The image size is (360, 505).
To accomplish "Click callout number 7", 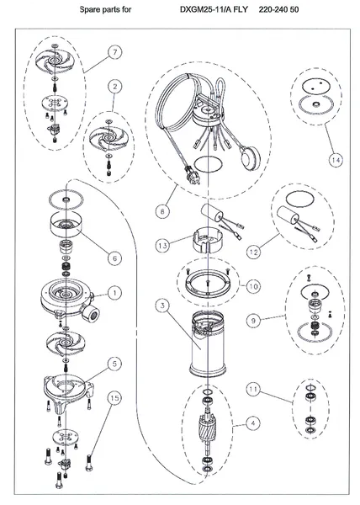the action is (x=115, y=52).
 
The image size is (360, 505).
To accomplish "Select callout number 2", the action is (x=115, y=87).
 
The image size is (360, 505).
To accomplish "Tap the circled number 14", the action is (x=336, y=160).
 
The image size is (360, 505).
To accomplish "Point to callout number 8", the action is (x=162, y=211).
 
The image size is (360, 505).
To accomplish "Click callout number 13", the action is (x=163, y=246).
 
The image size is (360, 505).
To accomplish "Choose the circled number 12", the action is (x=254, y=252).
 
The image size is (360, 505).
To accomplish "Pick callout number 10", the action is (x=253, y=286).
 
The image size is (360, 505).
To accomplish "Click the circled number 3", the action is (x=163, y=306).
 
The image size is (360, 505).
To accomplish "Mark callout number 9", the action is (x=253, y=321).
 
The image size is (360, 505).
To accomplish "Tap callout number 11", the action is (x=253, y=390).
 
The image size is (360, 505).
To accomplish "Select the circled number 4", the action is (x=253, y=423).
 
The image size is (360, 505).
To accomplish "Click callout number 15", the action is (x=114, y=398).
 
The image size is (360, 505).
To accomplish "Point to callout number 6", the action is (x=115, y=258).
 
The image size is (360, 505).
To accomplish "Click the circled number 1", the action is (x=115, y=293).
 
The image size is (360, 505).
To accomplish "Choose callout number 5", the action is (x=115, y=364).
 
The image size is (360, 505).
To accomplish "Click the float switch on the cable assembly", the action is (x=249, y=157).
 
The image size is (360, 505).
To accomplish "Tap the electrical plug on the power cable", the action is (x=192, y=174).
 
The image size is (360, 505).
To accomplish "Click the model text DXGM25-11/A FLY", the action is (x=214, y=9).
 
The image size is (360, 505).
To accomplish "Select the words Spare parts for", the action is (x=105, y=9).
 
